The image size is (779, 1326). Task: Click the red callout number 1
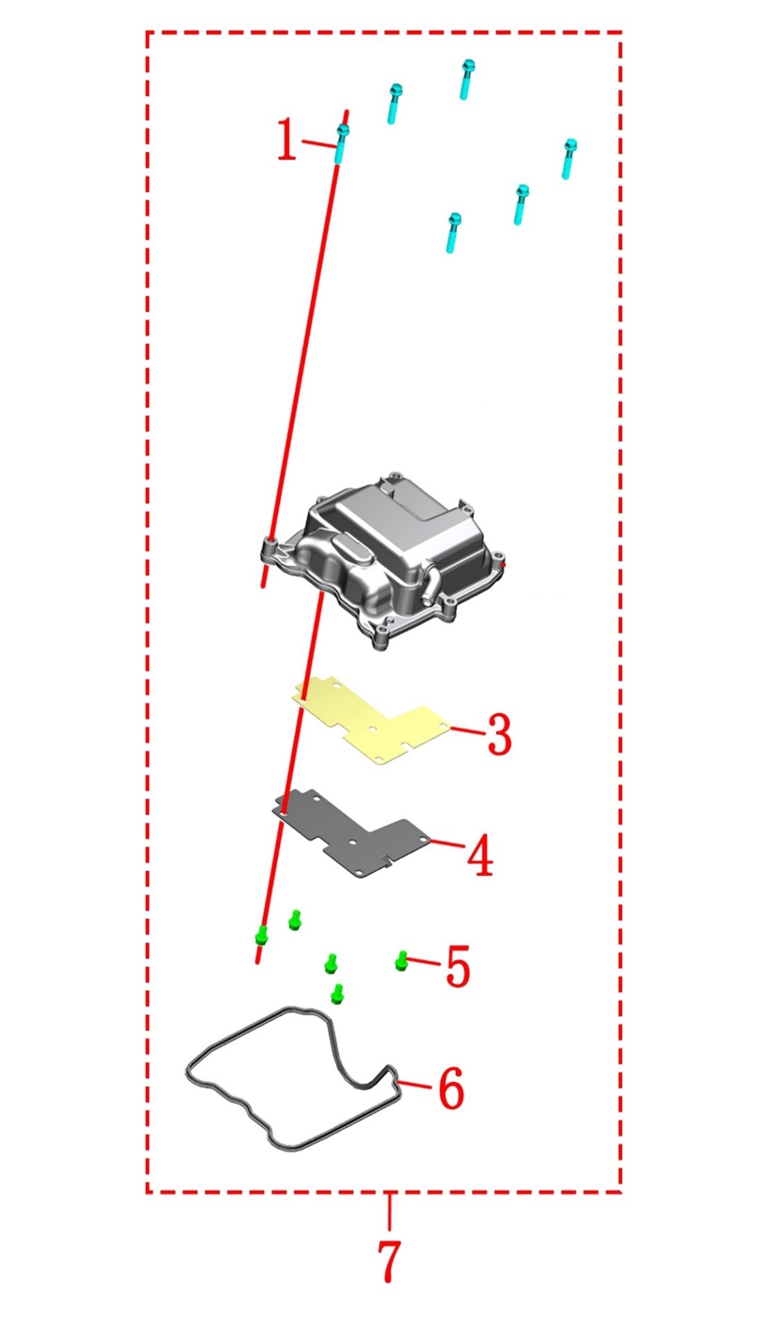tap(287, 140)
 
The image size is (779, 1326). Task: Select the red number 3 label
tap(500, 734)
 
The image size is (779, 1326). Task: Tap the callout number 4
tap(480, 855)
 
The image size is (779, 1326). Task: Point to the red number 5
tap(458, 966)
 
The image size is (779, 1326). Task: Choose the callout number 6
tap(451, 1087)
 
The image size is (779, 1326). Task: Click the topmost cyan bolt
tap(467, 79)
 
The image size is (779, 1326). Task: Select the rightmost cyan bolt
tap(569, 158)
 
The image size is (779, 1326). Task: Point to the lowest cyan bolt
tap(453, 232)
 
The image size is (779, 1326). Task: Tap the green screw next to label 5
tap(401, 960)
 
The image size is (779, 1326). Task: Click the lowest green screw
tap(338, 993)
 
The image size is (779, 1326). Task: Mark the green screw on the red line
tap(262, 935)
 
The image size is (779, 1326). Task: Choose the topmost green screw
tap(295, 919)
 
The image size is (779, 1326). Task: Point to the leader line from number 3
tap(468, 730)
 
